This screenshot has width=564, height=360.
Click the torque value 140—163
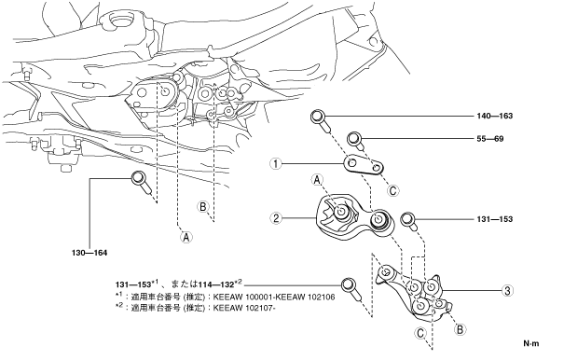tap(495, 116)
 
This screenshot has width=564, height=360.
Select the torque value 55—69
tap(490, 139)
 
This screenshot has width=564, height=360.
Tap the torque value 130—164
tap(89, 253)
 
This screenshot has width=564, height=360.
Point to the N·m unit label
tap(531, 343)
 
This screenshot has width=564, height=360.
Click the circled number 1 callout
tap(276, 164)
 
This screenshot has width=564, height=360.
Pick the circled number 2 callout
tap(276, 218)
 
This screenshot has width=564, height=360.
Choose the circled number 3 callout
tap(507, 290)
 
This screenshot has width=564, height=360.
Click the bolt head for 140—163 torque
tap(317, 117)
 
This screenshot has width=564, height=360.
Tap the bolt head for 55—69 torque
tap(354, 138)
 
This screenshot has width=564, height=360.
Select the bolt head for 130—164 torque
tap(138, 177)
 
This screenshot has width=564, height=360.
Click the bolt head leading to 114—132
tap(348, 284)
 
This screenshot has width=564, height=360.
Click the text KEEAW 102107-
tap(244, 308)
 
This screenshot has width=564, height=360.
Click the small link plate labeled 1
tap(364, 166)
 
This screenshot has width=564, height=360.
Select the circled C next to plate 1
tap(392, 190)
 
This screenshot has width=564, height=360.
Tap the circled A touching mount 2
tap(317, 180)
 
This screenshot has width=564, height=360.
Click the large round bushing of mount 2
tap(379, 219)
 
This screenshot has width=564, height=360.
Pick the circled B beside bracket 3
tap(460, 328)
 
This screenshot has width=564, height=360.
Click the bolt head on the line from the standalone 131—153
tap(407, 218)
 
